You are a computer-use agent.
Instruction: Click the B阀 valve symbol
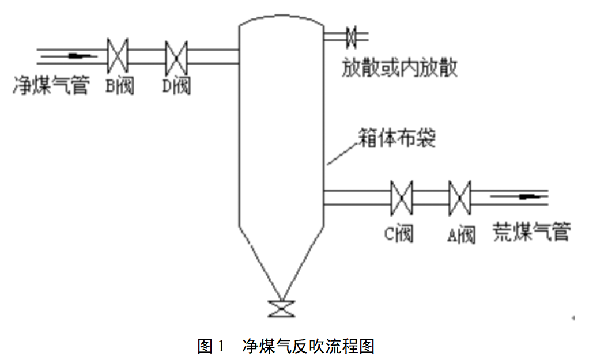[118, 56]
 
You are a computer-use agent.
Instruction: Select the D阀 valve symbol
[176, 56]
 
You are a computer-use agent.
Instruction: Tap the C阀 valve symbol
[401, 197]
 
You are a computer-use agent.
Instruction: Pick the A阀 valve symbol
[459, 197]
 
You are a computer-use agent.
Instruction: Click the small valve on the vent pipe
[351, 37]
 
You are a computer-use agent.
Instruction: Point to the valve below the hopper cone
[281, 309]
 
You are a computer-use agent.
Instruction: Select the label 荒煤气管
[531, 232]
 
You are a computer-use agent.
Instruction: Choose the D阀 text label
[176, 86]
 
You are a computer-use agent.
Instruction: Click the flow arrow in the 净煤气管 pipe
[80, 56]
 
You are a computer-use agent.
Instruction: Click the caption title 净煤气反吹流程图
[308, 346]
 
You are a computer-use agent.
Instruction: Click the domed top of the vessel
[281, 20]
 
